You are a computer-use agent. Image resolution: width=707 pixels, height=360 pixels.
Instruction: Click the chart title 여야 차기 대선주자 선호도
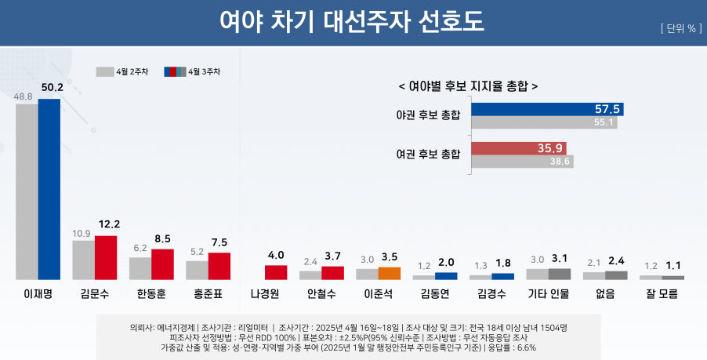click(x=353, y=22)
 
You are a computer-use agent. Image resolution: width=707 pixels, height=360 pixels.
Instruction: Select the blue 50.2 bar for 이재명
click(x=49, y=188)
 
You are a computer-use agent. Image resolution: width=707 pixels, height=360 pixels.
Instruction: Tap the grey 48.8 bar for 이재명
click(x=27, y=191)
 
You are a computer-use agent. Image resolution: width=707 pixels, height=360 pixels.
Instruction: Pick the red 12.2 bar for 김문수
click(x=106, y=257)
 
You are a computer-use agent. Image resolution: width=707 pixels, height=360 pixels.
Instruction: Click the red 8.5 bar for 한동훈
click(x=162, y=264)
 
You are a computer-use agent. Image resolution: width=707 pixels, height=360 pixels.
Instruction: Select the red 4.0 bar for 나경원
click(x=276, y=272)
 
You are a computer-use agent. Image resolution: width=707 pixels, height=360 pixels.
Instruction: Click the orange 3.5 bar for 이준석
click(x=390, y=273)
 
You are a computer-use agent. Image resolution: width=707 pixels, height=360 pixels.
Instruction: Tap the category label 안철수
click(x=321, y=294)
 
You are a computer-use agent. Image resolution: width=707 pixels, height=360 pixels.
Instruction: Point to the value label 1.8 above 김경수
click(x=503, y=263)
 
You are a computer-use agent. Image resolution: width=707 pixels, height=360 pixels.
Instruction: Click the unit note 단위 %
click(x=680, y=29)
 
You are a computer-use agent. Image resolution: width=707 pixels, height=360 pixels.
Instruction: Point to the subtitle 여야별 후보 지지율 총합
click(x=469, y=86)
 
